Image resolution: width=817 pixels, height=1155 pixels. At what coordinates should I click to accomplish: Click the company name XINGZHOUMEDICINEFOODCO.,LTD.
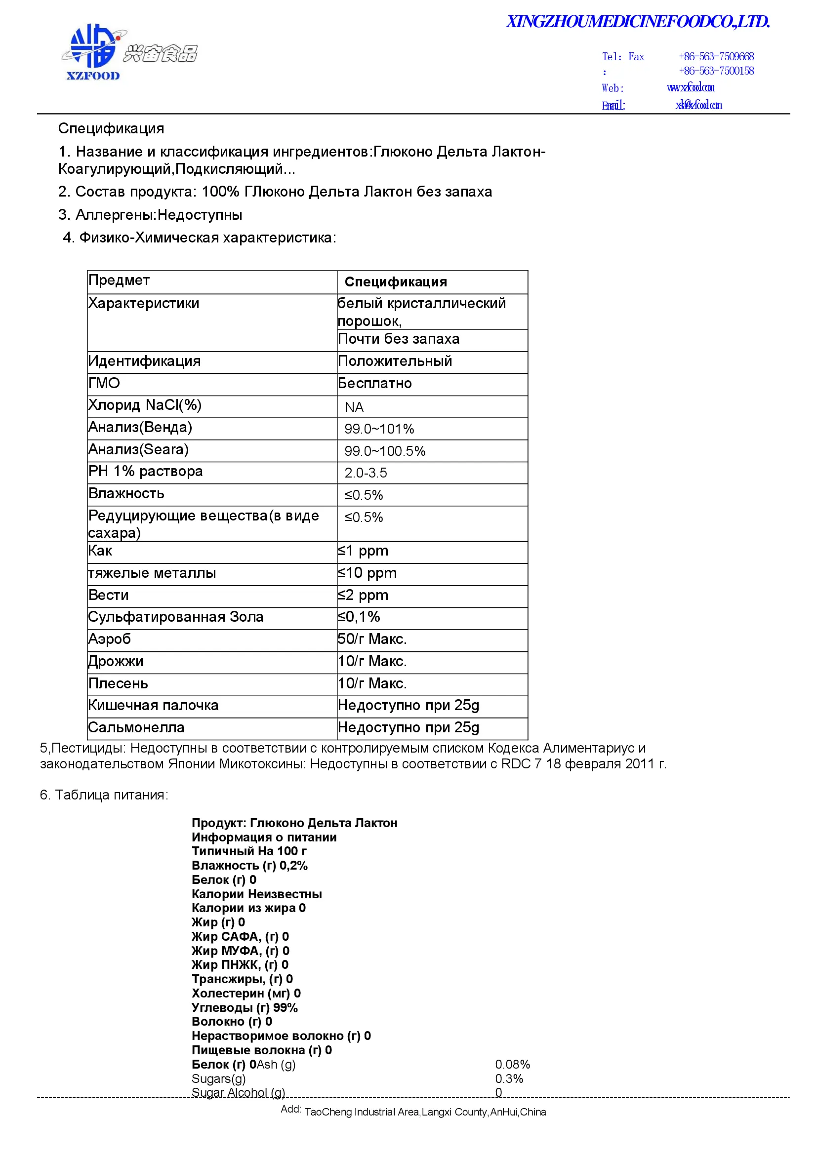(x=637, y=22)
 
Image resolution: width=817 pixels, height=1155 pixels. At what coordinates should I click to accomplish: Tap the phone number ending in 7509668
(x=716, y=56)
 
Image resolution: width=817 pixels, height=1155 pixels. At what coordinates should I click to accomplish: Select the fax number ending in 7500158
(x=716, y=71)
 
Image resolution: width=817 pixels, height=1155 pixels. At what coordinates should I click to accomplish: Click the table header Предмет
(x=119, y=280)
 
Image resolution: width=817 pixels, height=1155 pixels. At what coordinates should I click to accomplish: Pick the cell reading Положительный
(x=395, y=361)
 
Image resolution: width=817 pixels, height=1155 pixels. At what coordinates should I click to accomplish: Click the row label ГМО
(x=104, y=383)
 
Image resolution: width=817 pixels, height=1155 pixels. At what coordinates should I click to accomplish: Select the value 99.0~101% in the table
(x=379, y=429)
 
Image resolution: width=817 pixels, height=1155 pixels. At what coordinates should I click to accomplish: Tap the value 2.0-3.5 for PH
(x=366, y=473)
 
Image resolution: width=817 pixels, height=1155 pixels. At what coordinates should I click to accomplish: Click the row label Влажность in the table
(x=126, y=493)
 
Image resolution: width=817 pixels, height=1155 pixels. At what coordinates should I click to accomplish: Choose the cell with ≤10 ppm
(x=367, y=573)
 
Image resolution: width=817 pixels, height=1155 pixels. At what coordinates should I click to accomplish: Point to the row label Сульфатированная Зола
(x=175, y=617)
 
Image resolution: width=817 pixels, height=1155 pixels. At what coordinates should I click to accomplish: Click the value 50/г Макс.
(x=372, y=639)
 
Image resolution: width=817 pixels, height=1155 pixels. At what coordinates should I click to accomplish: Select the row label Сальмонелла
(x=136, y=727)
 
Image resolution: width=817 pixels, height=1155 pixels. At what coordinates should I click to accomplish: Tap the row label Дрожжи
(x=116, y=661)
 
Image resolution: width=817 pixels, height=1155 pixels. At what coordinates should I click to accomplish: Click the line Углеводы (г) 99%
(x=245, y=1008)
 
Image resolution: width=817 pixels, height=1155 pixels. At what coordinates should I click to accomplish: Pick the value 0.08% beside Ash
(x=512, y=1065)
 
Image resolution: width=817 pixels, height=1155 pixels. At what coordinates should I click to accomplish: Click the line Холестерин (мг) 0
(x=246, y=994)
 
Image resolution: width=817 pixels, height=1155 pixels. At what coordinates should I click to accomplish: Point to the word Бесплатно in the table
(x=375, y=383)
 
